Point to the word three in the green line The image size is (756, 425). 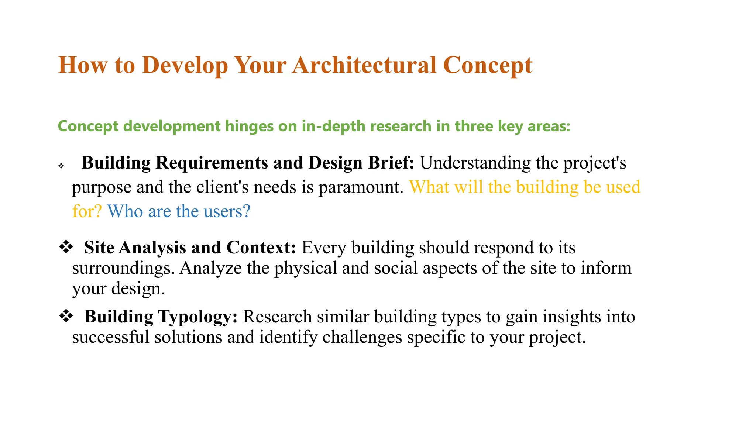tap(474, 126)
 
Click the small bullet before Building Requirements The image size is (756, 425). tap(61, 166)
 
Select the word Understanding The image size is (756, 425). tap(475, 163)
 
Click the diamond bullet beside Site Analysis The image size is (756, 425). tap(66, 247)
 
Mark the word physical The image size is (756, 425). tap(306, 268)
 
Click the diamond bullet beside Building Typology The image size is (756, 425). tap(66, 316)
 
